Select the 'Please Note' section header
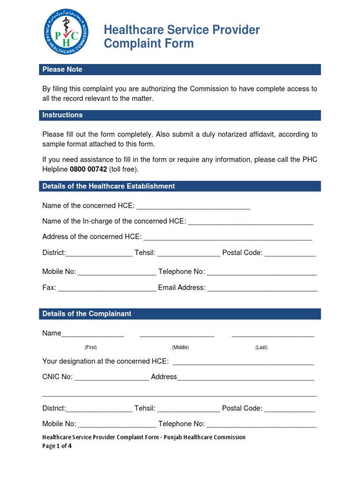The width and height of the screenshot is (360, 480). point(62,69)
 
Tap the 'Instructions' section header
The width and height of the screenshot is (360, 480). point(62,115)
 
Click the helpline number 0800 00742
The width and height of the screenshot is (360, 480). point(89,169)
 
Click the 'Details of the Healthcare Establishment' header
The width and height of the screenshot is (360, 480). point(108,186)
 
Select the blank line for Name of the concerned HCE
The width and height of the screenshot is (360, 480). point(193,207)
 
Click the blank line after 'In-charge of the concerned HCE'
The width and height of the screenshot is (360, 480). point(250,222)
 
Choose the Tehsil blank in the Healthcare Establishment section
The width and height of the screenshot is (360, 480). point(188,254)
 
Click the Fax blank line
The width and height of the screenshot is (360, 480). point(107,289)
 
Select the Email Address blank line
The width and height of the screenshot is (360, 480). point(262,289)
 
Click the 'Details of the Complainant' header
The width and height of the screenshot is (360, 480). point(87,314)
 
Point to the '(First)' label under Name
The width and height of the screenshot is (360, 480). point(91,347)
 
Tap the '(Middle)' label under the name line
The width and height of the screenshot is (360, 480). point(180,347)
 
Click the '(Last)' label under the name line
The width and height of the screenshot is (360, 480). point(262,347)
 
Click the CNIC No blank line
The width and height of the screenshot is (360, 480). point(112,378)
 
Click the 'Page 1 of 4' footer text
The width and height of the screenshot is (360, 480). point(57,446)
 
